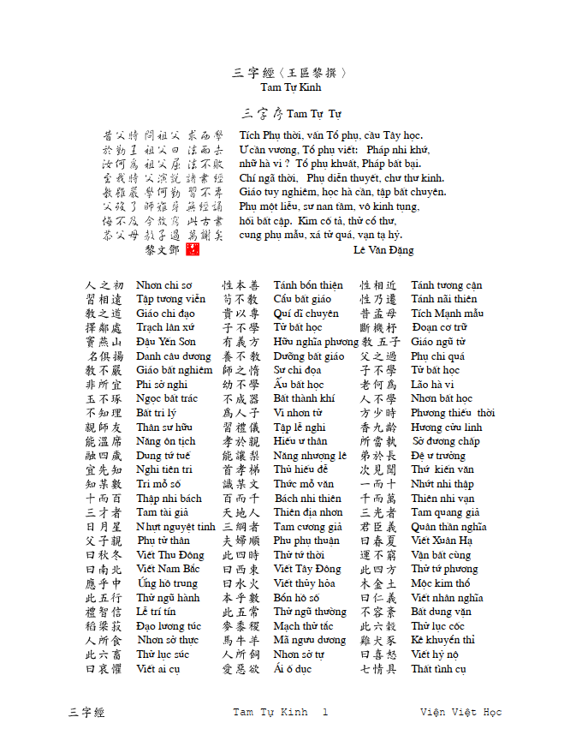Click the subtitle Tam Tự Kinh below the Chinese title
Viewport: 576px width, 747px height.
pyautogui.click(x=291, y=87)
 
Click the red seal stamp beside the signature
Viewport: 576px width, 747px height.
pyautogui.click(x=192, y=249)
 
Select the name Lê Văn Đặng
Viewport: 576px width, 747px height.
pyautogui.click(x=383, y=250)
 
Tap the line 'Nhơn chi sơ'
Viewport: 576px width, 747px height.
pyautogui.click(x=163, y=285)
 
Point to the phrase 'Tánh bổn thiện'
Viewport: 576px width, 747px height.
pyautogui.click(x=308, y=285)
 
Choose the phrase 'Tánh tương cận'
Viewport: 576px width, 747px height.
pyautogui.click(x=446, y=285)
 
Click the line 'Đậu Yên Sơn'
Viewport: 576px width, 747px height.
pyautogui.click(x=166, y=342)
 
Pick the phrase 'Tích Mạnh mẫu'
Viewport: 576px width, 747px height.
pyautogui.click(x=447, y=314)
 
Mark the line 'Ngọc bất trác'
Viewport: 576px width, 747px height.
pyautogui.click(x=167, y=398)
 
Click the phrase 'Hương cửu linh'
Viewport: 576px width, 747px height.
pyautogui.click(x=446, y=427)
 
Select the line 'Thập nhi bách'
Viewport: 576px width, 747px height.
pyautogui.click(x=169, y=499)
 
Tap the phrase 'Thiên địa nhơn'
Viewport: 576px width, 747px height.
pyautogui.click(x=308, y=512)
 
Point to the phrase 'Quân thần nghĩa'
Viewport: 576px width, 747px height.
pyautogui.click(x=448, y=527)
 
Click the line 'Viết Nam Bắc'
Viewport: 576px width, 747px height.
pyautogui.click(x=168, y=569)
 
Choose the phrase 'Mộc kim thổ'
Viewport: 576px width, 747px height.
pyautogui.click(x=441, y=583)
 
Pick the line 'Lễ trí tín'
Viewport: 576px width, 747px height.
pyautogui.click(x=157, y=612)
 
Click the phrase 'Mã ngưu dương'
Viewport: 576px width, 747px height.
pyautogui.click(x=310, y=640)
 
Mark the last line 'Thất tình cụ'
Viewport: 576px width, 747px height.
pyautogui.click(x=438, y=669)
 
